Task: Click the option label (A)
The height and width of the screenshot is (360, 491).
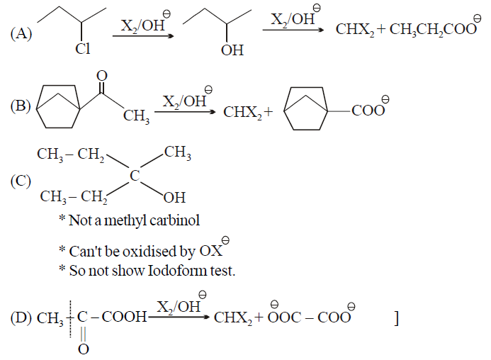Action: tap(21, 34)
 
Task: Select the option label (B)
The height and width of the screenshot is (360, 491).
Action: tap(21, 106)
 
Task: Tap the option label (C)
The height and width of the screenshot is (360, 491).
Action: tap(21, 181)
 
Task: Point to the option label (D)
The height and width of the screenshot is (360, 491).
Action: tap(21, 317)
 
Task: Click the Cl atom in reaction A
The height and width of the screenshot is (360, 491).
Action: tap(83, 49)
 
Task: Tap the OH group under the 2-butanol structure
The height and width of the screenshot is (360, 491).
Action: tap(232, 50)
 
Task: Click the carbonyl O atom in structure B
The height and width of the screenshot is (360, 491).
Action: tap(102, 76)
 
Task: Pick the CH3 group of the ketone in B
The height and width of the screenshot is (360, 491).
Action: tap(136, 116)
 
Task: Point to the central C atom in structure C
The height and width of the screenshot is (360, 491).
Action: tap(135, 176)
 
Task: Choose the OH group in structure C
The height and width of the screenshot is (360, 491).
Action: tap(174, 198)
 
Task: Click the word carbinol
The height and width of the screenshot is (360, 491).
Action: tap(175, 220)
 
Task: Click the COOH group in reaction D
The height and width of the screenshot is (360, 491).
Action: tap(124, 317)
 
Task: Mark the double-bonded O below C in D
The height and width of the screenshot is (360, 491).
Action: tap(84, 349)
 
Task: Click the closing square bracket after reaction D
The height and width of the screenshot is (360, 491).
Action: tap(397, 318)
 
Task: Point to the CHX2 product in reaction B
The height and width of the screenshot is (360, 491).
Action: tap(243, 113)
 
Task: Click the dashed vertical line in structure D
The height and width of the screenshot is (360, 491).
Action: tap(70, 319)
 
